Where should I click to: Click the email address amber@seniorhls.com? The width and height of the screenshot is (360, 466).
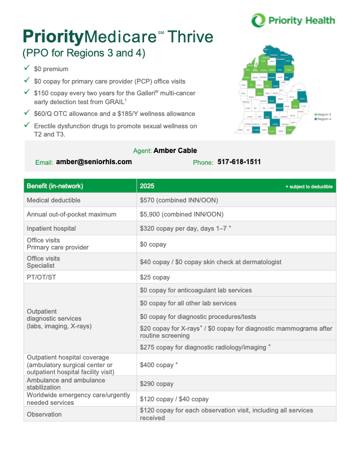tap(94, 162)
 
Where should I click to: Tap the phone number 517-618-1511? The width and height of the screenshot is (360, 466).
tap(239, 162)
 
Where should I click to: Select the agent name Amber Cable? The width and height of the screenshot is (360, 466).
tap(175, 151)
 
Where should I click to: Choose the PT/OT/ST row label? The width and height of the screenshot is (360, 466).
tap(39, 277)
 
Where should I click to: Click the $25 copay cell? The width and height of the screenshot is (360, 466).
tap(155, 277)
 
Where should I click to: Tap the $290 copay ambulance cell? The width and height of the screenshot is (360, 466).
tap(156, 384)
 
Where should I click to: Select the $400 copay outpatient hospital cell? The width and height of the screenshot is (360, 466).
tap(158, 365)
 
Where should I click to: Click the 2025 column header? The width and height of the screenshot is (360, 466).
tap(147, 186)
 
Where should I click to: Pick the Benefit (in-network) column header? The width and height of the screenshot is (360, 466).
tap(55, 186)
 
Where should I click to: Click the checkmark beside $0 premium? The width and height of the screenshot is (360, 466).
tap(26, 69)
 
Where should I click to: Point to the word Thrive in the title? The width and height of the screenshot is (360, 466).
tap(191, 38)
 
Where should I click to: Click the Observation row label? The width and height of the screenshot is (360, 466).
tap(44, 414)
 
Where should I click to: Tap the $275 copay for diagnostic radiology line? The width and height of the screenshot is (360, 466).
tap(205, 347)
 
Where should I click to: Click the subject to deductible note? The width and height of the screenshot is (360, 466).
tap(309, 187)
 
